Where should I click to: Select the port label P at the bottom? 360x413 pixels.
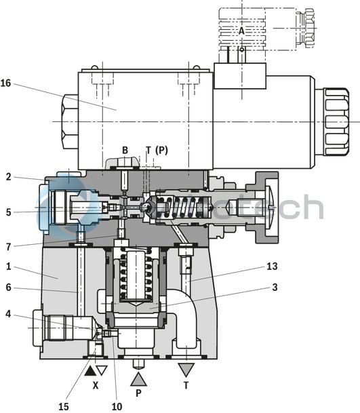click(x=138, y=393)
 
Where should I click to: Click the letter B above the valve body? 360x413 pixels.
click(x=125, y=150)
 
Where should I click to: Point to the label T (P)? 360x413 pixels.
click(x=156, y=150)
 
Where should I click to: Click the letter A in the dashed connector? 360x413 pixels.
click(x=241, y=31)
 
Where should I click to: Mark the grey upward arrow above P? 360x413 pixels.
click(x=138, y=377)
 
